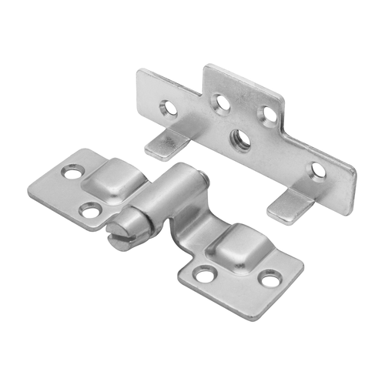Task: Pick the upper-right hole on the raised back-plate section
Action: click(x=269, y=114)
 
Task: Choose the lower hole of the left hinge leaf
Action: click(x=91, y=209)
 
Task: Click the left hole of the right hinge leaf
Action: click(x=204, y=273)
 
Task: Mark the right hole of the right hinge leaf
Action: click(x=270, y=278)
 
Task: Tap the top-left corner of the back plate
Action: click(x=139, y=72)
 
